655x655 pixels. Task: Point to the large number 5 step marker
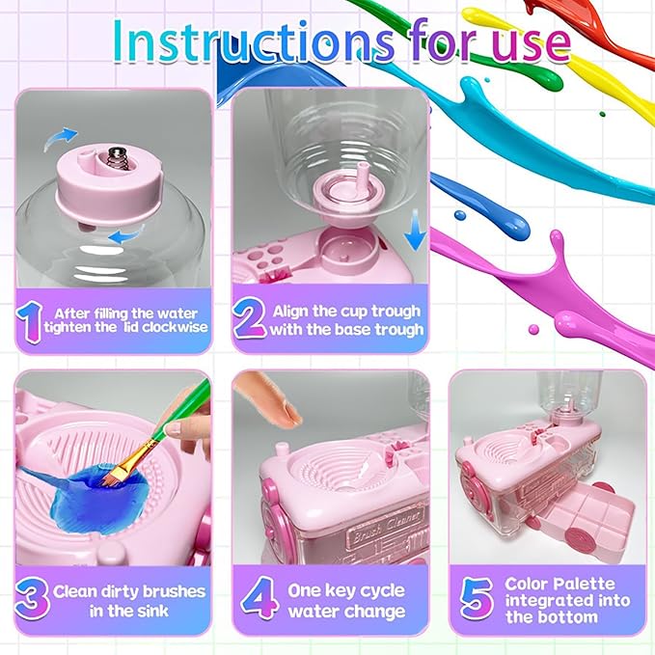475,599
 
